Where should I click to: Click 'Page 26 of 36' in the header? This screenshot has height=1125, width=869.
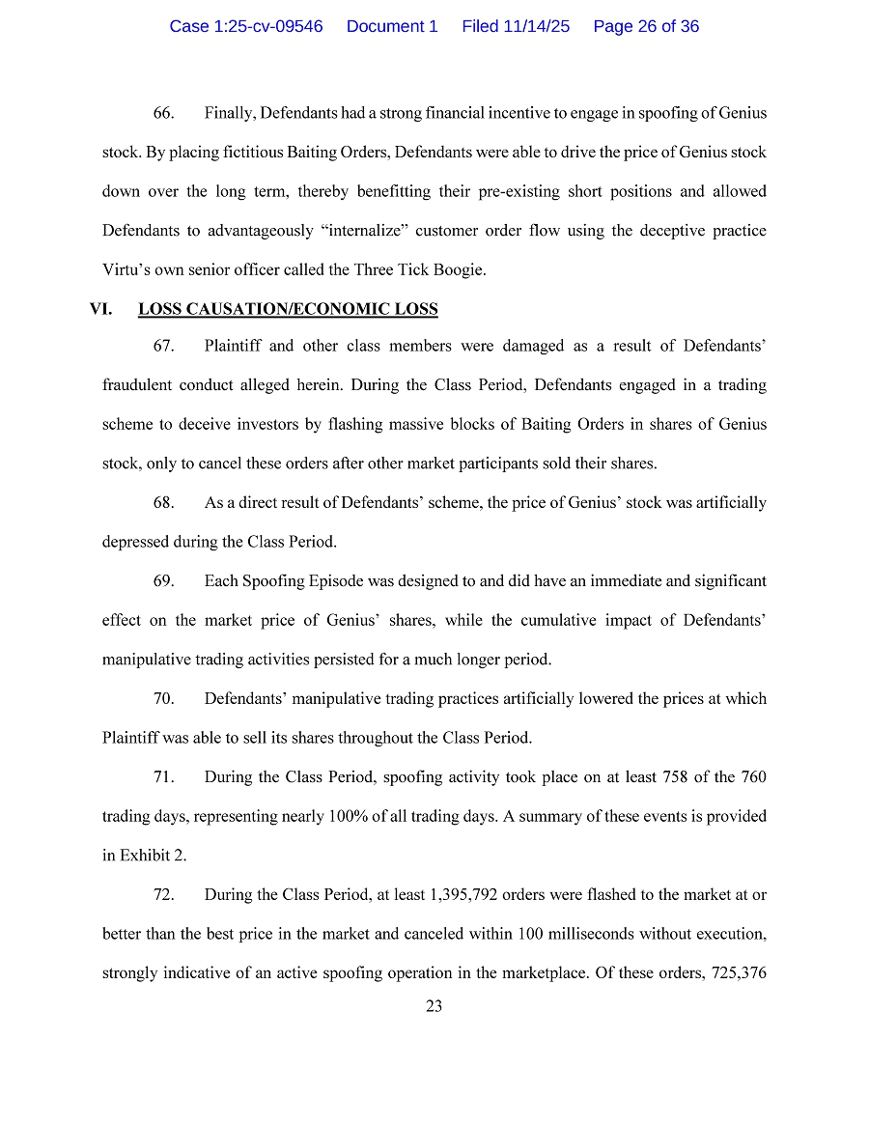(x=646, y=26)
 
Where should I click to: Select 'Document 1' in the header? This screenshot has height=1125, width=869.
(x=392, y=26)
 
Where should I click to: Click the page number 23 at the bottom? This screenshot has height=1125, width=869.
(x=434, y=1006)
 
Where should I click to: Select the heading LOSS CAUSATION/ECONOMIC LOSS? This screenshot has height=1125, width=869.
(x=288, y=310)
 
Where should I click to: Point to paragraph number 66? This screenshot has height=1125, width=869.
(x=163, y=113)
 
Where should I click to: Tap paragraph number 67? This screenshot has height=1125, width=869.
(x=163, y=346)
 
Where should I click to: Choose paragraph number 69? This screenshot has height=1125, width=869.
(x=163, y=581)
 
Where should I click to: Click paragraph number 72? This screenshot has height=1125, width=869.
(x=163, y=895)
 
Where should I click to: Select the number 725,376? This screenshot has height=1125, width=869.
(x=736, y=973)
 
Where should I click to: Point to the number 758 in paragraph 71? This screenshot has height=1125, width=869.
(x=675, y=777)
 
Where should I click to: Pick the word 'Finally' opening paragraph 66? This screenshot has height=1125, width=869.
(x=228, y=113)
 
